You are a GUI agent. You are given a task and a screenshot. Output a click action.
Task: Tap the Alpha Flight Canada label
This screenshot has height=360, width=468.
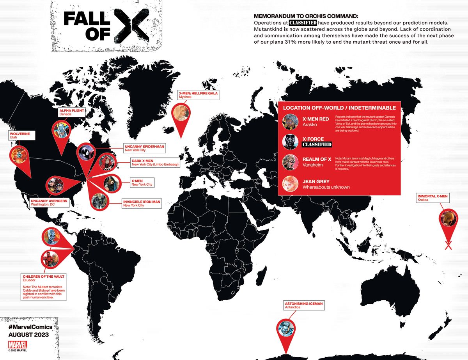(72, 112)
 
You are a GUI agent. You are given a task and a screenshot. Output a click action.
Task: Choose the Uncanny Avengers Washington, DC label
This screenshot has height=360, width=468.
(49, 202)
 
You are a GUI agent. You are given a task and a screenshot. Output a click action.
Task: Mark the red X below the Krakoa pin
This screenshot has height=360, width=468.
(448, 246)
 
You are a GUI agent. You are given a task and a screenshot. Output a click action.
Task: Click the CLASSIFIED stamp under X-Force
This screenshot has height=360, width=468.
(317, 145)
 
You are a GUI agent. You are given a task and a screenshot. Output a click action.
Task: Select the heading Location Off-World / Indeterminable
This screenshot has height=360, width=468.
(339, 108)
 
